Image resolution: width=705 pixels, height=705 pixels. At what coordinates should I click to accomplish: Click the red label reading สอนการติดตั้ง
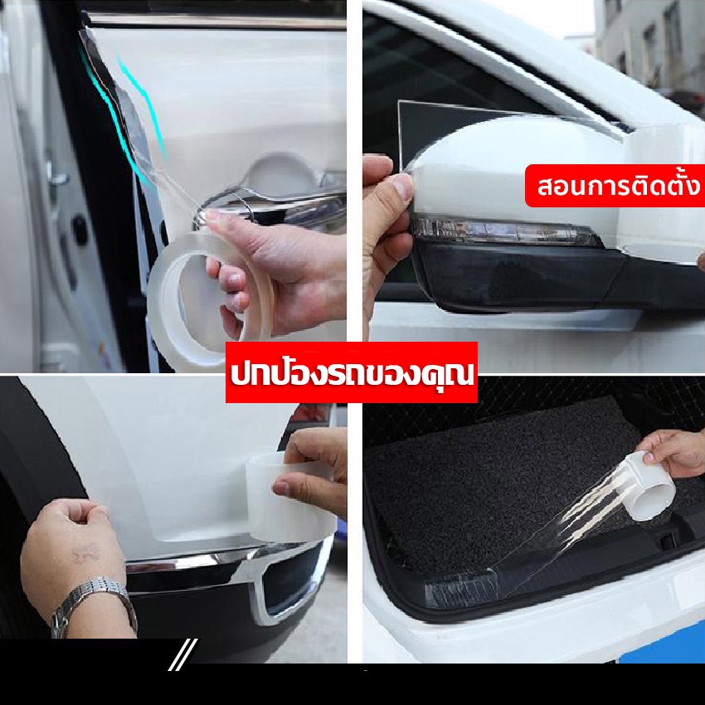[615, 186]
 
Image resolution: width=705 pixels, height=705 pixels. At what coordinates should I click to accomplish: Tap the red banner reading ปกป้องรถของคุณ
[352, 372]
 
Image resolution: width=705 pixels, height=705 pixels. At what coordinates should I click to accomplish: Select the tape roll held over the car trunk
[649, 486]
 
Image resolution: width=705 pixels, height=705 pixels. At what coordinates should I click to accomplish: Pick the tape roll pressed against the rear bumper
[290, 497]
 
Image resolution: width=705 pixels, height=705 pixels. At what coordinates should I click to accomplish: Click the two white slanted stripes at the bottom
[183, 654]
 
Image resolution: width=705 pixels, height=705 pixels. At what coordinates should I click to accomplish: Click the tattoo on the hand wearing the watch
[85, 554]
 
